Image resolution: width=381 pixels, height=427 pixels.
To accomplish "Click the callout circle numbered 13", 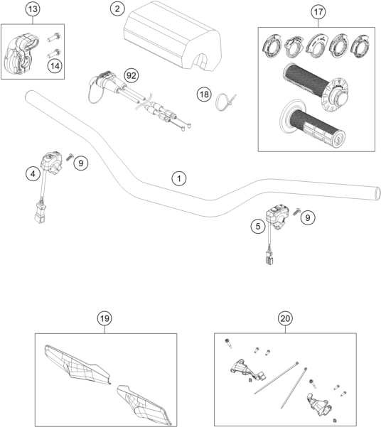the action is click(x=33, y=9).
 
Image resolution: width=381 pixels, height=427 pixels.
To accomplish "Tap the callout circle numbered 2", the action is click(x=117, y=9).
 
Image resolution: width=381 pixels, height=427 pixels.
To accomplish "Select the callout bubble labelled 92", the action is click(x=131, y=75).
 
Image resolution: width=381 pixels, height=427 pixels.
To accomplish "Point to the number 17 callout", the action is click(x=318, y=12).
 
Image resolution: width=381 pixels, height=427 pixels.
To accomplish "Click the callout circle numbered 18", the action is click(x=204, y=94).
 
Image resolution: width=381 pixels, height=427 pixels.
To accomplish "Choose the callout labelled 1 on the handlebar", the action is click(x=179, y=178).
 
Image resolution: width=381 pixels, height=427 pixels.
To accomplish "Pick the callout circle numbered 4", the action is click(x=33, y=173).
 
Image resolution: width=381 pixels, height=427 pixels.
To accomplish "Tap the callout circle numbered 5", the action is click(x=258, y=227).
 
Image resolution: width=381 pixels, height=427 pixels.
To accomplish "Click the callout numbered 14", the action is click(x=55, y=66).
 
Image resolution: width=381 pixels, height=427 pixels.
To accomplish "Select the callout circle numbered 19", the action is click(x=104, y=318).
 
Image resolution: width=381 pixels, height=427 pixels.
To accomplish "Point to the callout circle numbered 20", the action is click(x=285, y=318).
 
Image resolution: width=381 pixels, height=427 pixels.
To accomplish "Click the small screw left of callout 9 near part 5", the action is click(x=296, y=212).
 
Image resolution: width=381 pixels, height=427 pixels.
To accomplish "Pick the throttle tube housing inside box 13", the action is click(x=21, y=53).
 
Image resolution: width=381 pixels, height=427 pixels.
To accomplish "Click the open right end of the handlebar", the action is click(x=377, y=193).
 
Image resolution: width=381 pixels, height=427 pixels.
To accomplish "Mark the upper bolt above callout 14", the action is click(x=54, y=37).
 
